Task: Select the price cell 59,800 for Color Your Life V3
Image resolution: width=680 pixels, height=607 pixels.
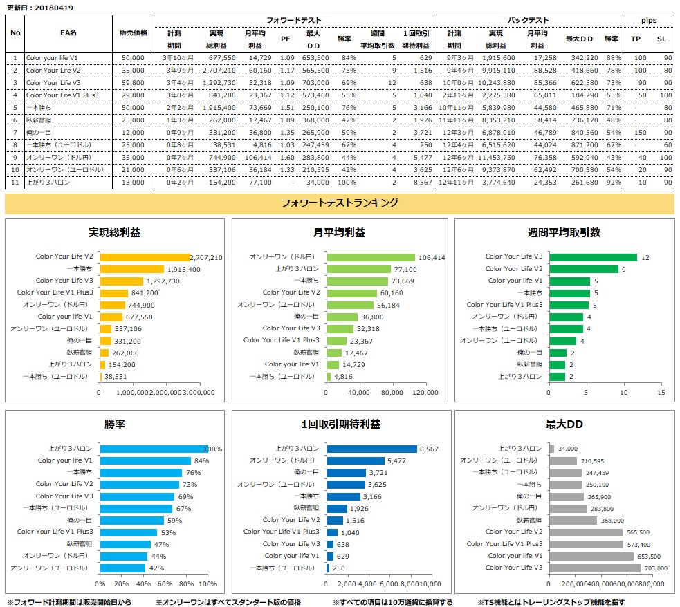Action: click(132, 82)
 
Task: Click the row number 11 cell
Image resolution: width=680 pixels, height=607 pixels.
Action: click(15, 182)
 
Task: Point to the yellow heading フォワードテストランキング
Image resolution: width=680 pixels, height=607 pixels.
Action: click(340, 203)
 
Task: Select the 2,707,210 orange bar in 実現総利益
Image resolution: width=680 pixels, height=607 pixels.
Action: click(145, 257)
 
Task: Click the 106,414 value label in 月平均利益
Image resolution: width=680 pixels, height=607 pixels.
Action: click(432, 257)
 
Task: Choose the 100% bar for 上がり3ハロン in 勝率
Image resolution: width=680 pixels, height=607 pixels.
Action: click(154, 449)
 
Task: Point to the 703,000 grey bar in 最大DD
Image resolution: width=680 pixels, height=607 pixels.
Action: click(595, 568)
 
